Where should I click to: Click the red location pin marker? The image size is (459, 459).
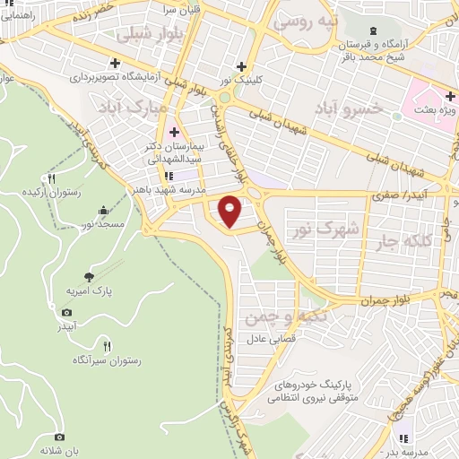click(x=231, y=210)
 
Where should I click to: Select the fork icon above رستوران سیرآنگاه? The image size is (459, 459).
click(x=108, y=346)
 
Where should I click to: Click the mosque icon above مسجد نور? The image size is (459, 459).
click(x=104, y=212)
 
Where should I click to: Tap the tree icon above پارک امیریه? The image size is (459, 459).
click(x=88, y=277)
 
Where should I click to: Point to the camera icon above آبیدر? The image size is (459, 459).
click(x=66, y=312)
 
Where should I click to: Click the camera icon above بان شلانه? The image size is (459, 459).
click(x=60, y=436)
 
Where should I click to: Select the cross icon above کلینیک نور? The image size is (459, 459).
click(x=240, y=65)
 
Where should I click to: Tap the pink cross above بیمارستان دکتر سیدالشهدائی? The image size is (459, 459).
click(x=174, y=132)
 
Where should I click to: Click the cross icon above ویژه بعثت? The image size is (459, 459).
click(x=451, y=95)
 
